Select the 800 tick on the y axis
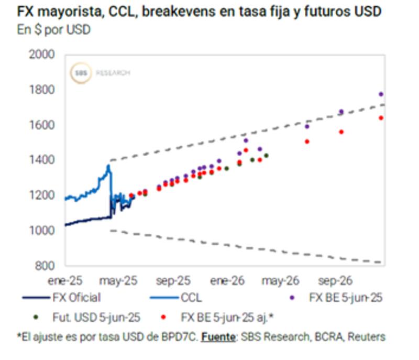[44, 266]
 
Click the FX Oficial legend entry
[76, 298]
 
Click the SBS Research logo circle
[80, 73]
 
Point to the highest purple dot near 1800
[381, 94]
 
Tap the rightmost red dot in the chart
[381, 118]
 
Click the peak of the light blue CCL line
[108, 166]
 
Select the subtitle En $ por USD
[54, 29]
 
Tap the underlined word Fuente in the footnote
[217, 336]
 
